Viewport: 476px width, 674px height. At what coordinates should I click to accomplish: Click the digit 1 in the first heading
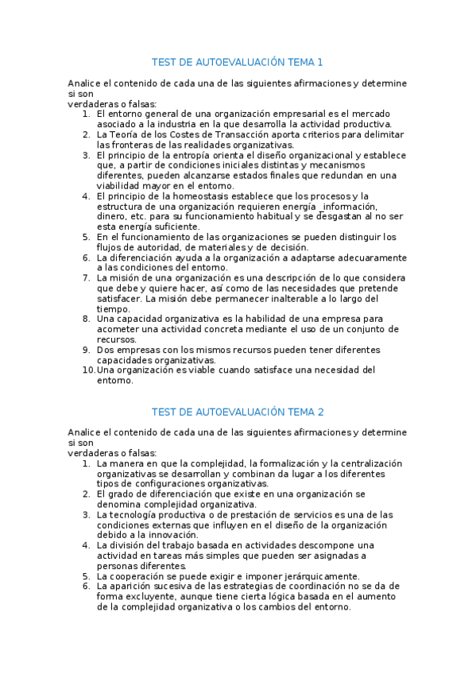(x=320, y=62)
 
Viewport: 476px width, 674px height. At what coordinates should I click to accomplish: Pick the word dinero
(x=112, y=217)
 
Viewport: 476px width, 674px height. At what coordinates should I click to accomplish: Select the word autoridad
(x=154, y=247)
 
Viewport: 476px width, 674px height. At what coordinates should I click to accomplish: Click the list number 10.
(x=88, y=370)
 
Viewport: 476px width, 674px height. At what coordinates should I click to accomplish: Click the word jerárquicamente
(x=316, y=576)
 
